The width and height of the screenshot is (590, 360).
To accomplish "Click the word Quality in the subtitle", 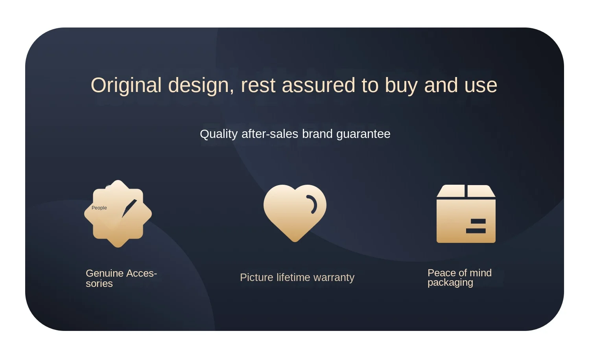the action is (219, 134).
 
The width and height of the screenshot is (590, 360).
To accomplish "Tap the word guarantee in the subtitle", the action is (363, 134).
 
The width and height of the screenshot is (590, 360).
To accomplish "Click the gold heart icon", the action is (295, 213).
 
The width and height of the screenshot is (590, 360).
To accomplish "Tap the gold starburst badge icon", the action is (118, 214).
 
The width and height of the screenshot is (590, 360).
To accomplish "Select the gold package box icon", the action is (466, 214).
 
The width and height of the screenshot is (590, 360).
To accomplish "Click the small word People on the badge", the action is (99, 208).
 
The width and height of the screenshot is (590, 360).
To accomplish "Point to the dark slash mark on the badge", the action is (129, 208).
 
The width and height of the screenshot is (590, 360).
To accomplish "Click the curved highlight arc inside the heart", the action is (313, 204).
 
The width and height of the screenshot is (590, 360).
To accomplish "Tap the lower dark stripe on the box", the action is (476, 231).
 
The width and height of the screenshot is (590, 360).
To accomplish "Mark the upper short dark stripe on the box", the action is (478, 221).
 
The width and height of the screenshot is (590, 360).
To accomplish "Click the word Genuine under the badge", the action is (105, 273).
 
